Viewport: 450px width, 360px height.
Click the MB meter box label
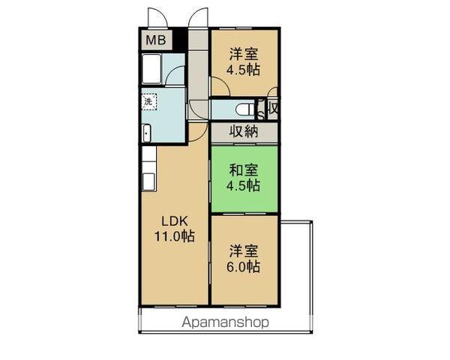[155, 40]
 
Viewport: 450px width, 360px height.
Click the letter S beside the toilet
[260, 115]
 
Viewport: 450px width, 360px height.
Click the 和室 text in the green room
[244, 169]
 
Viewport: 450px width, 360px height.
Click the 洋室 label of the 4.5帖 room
[244, 54]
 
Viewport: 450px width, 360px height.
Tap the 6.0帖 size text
[244, 267]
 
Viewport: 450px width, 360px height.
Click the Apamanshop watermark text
[224, 322]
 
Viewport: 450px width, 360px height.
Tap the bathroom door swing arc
[177, 76]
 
